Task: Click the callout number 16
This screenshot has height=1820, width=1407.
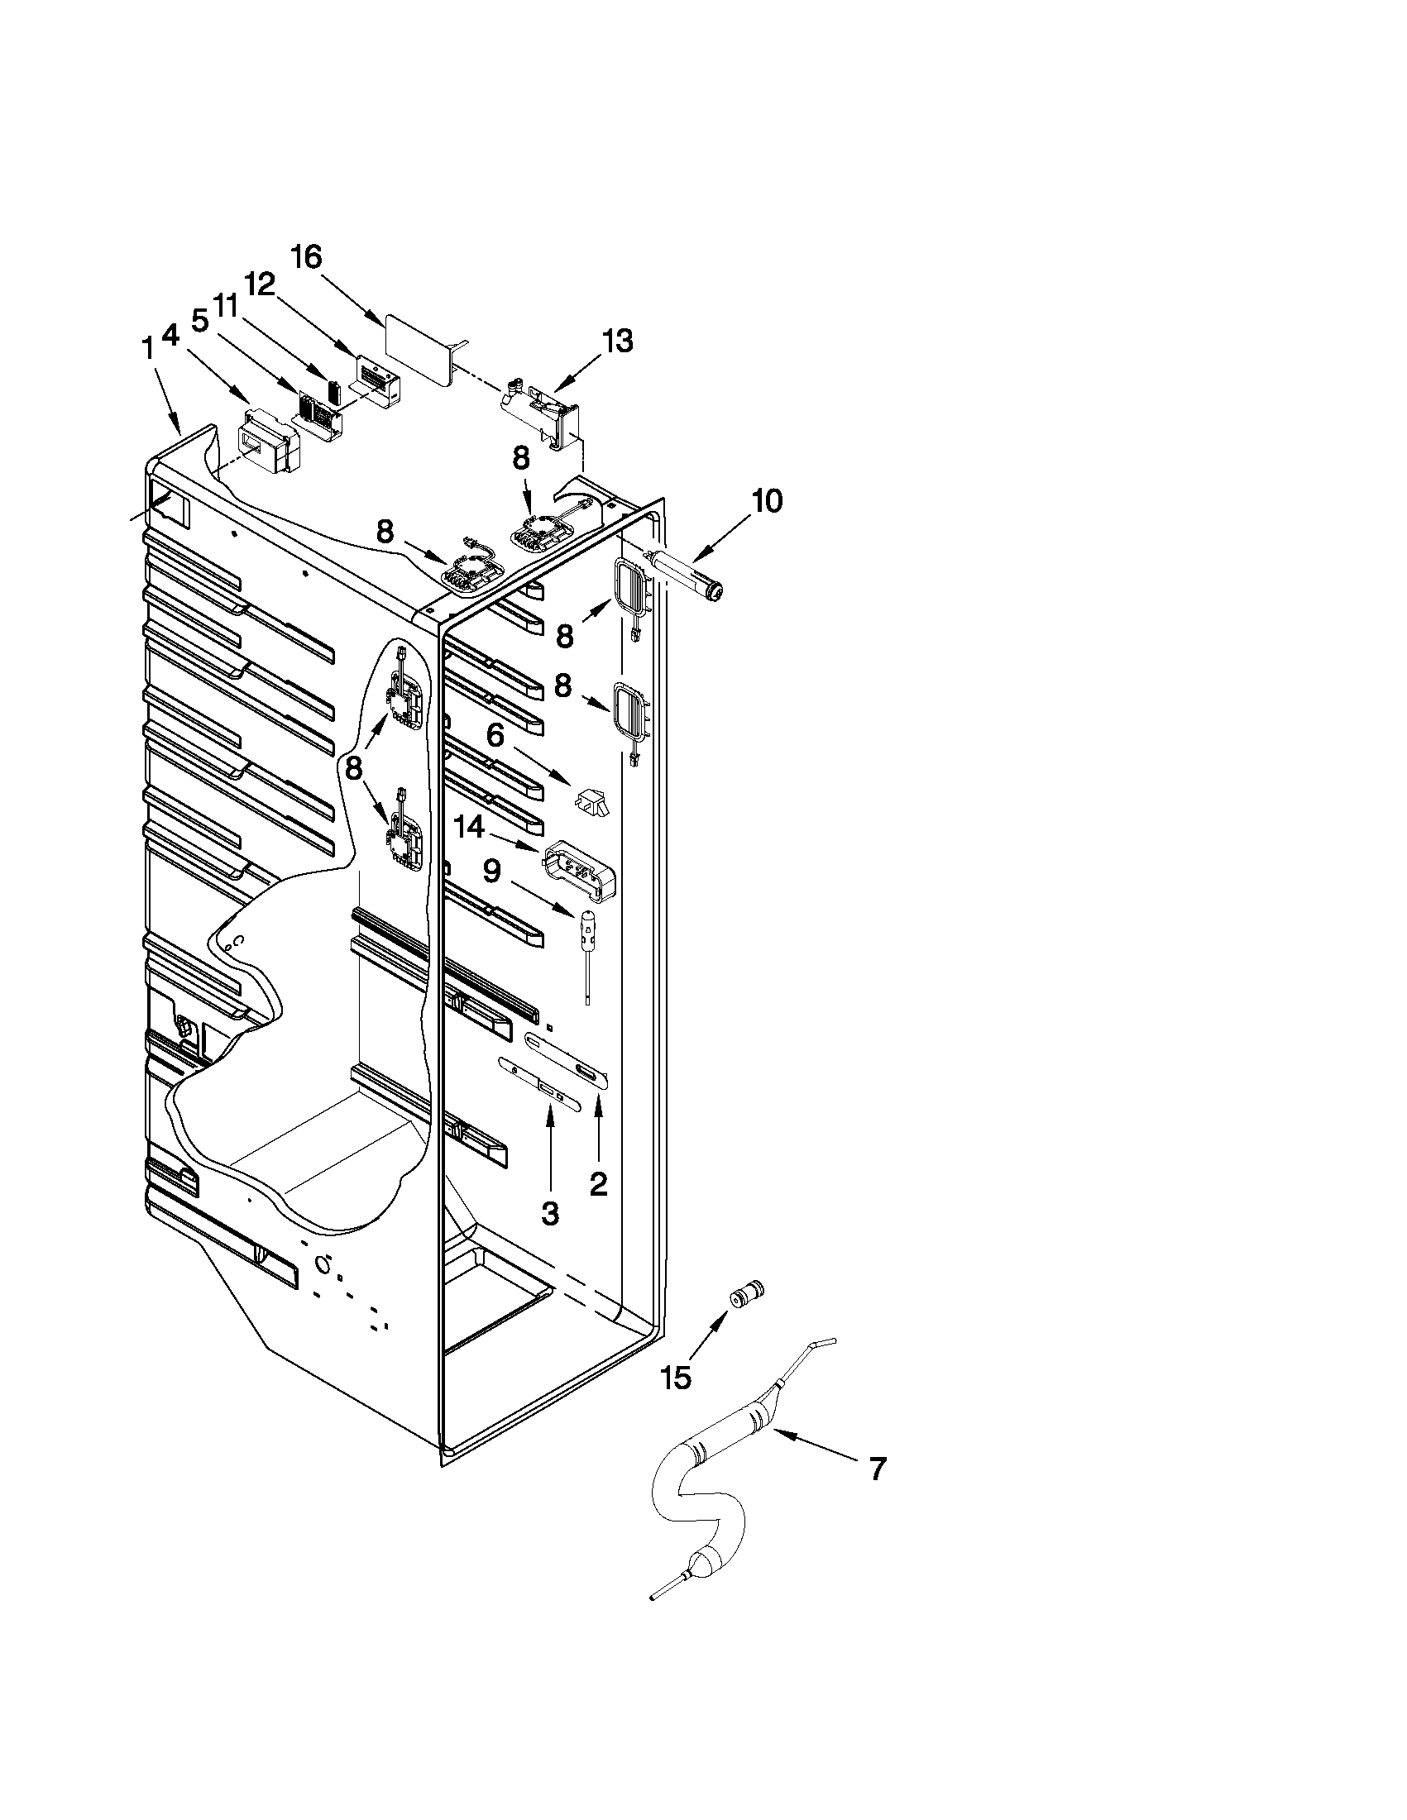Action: point(306,256)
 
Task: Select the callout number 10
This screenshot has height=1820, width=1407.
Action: point(767,502)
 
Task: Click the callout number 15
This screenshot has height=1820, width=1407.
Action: point(677,1378)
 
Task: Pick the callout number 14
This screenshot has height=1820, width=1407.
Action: point(468,828)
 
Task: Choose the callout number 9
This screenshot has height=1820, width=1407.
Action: point(492,872)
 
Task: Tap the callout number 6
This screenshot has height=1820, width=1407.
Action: point(495,735)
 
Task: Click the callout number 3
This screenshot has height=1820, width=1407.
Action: point(549,1214)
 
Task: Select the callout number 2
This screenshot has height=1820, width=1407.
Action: point(599,1184)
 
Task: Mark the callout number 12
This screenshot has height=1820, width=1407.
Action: point(260,286)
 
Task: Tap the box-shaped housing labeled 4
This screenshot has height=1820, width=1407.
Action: point(266,439)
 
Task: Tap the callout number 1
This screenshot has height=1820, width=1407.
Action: point(148,349)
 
